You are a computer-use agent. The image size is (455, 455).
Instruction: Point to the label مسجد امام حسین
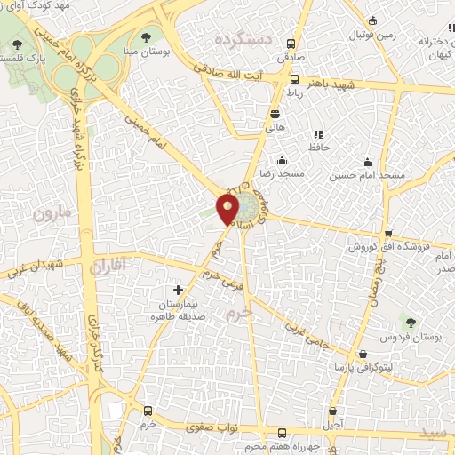pyautogui.click(x=368, y=176)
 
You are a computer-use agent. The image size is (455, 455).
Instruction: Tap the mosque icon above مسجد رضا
pyautogui.click(x=282, y=160)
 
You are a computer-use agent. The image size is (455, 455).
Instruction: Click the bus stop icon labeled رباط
pyautogui.click(x=294, y=79)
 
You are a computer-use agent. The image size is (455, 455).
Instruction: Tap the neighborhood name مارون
pyautogui.click(x=51, y=213)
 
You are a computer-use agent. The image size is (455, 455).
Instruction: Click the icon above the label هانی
pyautogui.click(x=275, y=114)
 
